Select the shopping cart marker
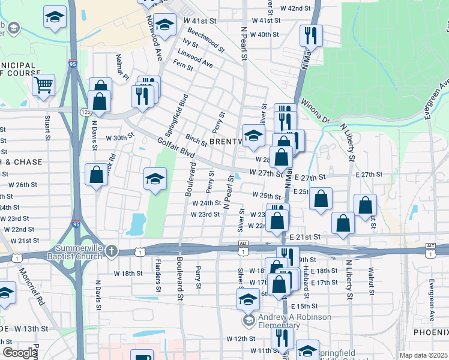44,86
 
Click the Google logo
19,353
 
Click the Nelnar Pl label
122,67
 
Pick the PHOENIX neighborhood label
430,332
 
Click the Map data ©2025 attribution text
423,355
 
